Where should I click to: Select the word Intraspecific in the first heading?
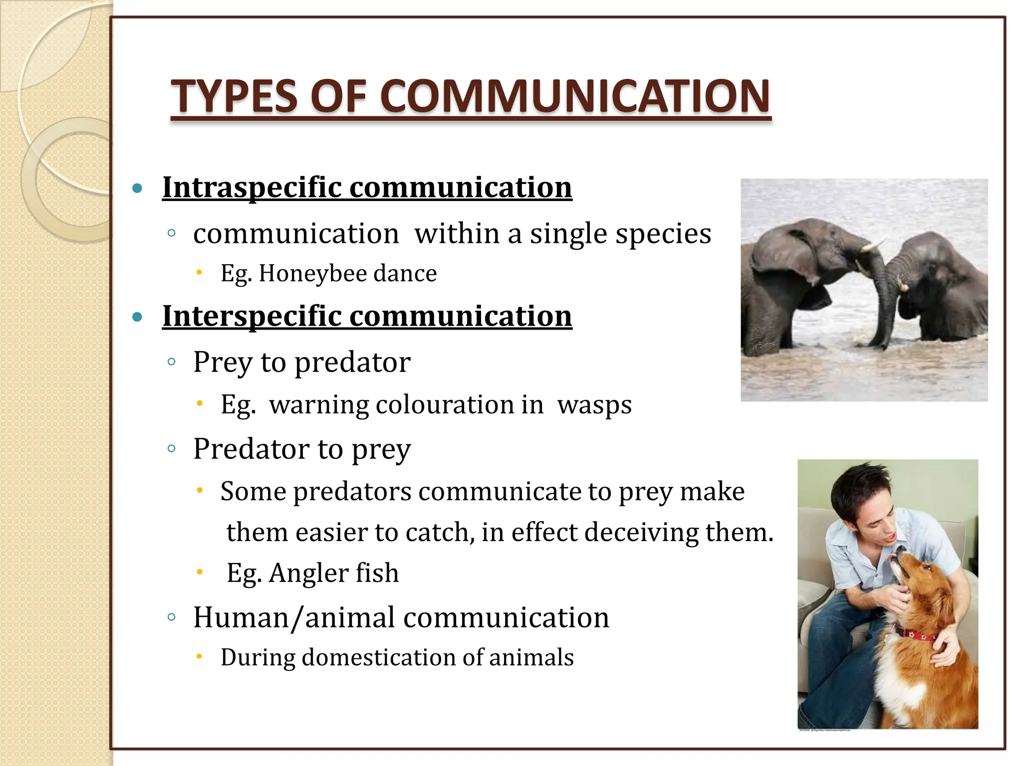[251, 188]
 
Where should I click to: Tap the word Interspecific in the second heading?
[252, 317]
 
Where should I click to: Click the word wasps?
[594, 405]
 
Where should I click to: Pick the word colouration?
[445, 405]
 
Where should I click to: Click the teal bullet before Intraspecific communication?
[137, 189]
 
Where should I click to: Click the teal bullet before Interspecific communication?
[137, 317]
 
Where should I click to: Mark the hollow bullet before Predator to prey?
[171, 448]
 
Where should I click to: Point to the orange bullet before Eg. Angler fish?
[199, 572]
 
